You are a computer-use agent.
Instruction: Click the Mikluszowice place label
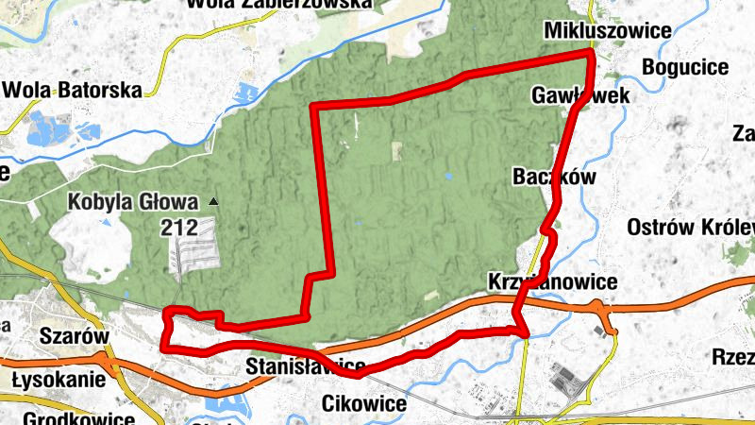click(x=608, y=31)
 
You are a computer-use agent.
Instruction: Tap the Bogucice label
click(x=685, y=67)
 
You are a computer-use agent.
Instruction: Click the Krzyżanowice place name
click(x=552, y=281)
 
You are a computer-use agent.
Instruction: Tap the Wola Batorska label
click(x=73, y=91)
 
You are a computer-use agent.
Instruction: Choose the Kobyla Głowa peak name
click(x=134, y=201)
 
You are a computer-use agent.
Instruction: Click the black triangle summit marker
click(x=214, y=201)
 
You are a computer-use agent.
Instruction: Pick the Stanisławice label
click(x=305, y=365)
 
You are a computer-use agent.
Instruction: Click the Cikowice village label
click(x=364, y=404)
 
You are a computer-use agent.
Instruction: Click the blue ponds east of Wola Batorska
click(x=248, y=94)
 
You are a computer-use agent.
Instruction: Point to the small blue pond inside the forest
click(x=447, y=176)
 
